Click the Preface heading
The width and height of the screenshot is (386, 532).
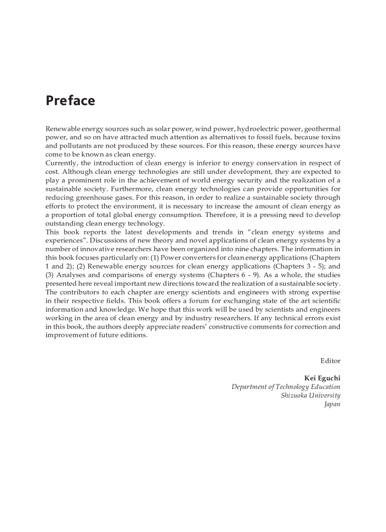click(x=70, y=101)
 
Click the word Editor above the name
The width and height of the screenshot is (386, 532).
click(x=330, y=361)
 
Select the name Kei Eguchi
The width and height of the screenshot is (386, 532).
click(x=322, y=378)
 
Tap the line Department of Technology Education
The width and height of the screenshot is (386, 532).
click(x=286, y=387)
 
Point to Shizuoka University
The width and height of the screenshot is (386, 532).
click(x=310, y=396)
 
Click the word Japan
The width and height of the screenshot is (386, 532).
click(x=332, y=404)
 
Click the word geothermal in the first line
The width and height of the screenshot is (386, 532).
click(x=322, y=129)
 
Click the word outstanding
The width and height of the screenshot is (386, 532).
click(x=64, y=223)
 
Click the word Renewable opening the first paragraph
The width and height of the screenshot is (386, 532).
click(x=62, y=129)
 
